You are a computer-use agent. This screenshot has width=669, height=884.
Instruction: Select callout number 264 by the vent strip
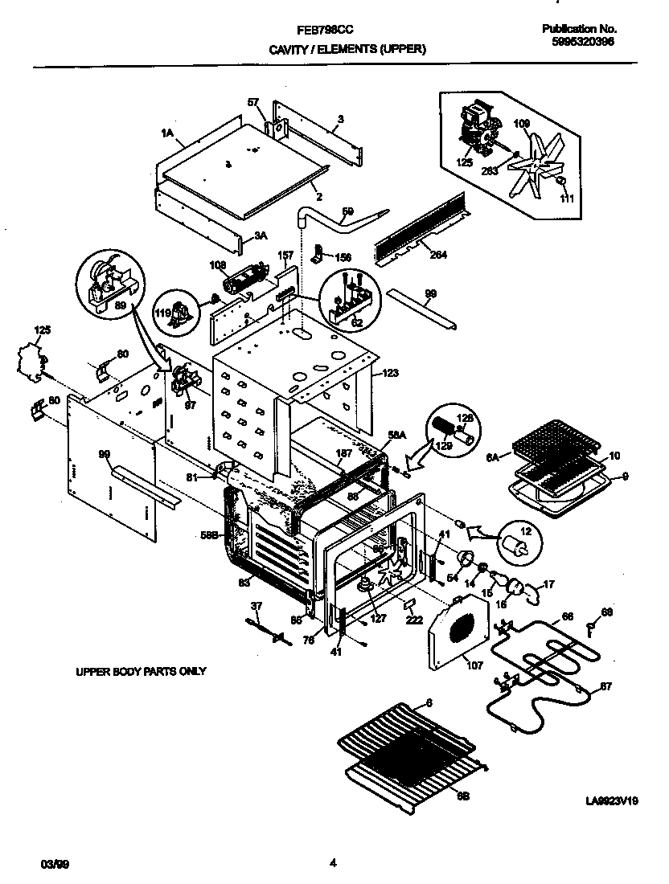[x=439, y=255]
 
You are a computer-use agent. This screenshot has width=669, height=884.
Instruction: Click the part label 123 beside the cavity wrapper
[x=389, y=373]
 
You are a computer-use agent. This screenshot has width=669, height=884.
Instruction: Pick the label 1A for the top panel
[x=167, y=133]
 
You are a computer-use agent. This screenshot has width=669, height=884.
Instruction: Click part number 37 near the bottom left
[x=257, y=605]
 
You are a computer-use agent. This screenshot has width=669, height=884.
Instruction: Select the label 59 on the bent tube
[x=347, y=211]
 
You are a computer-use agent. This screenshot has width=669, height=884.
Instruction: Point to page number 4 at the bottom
[x=332, y=864]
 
